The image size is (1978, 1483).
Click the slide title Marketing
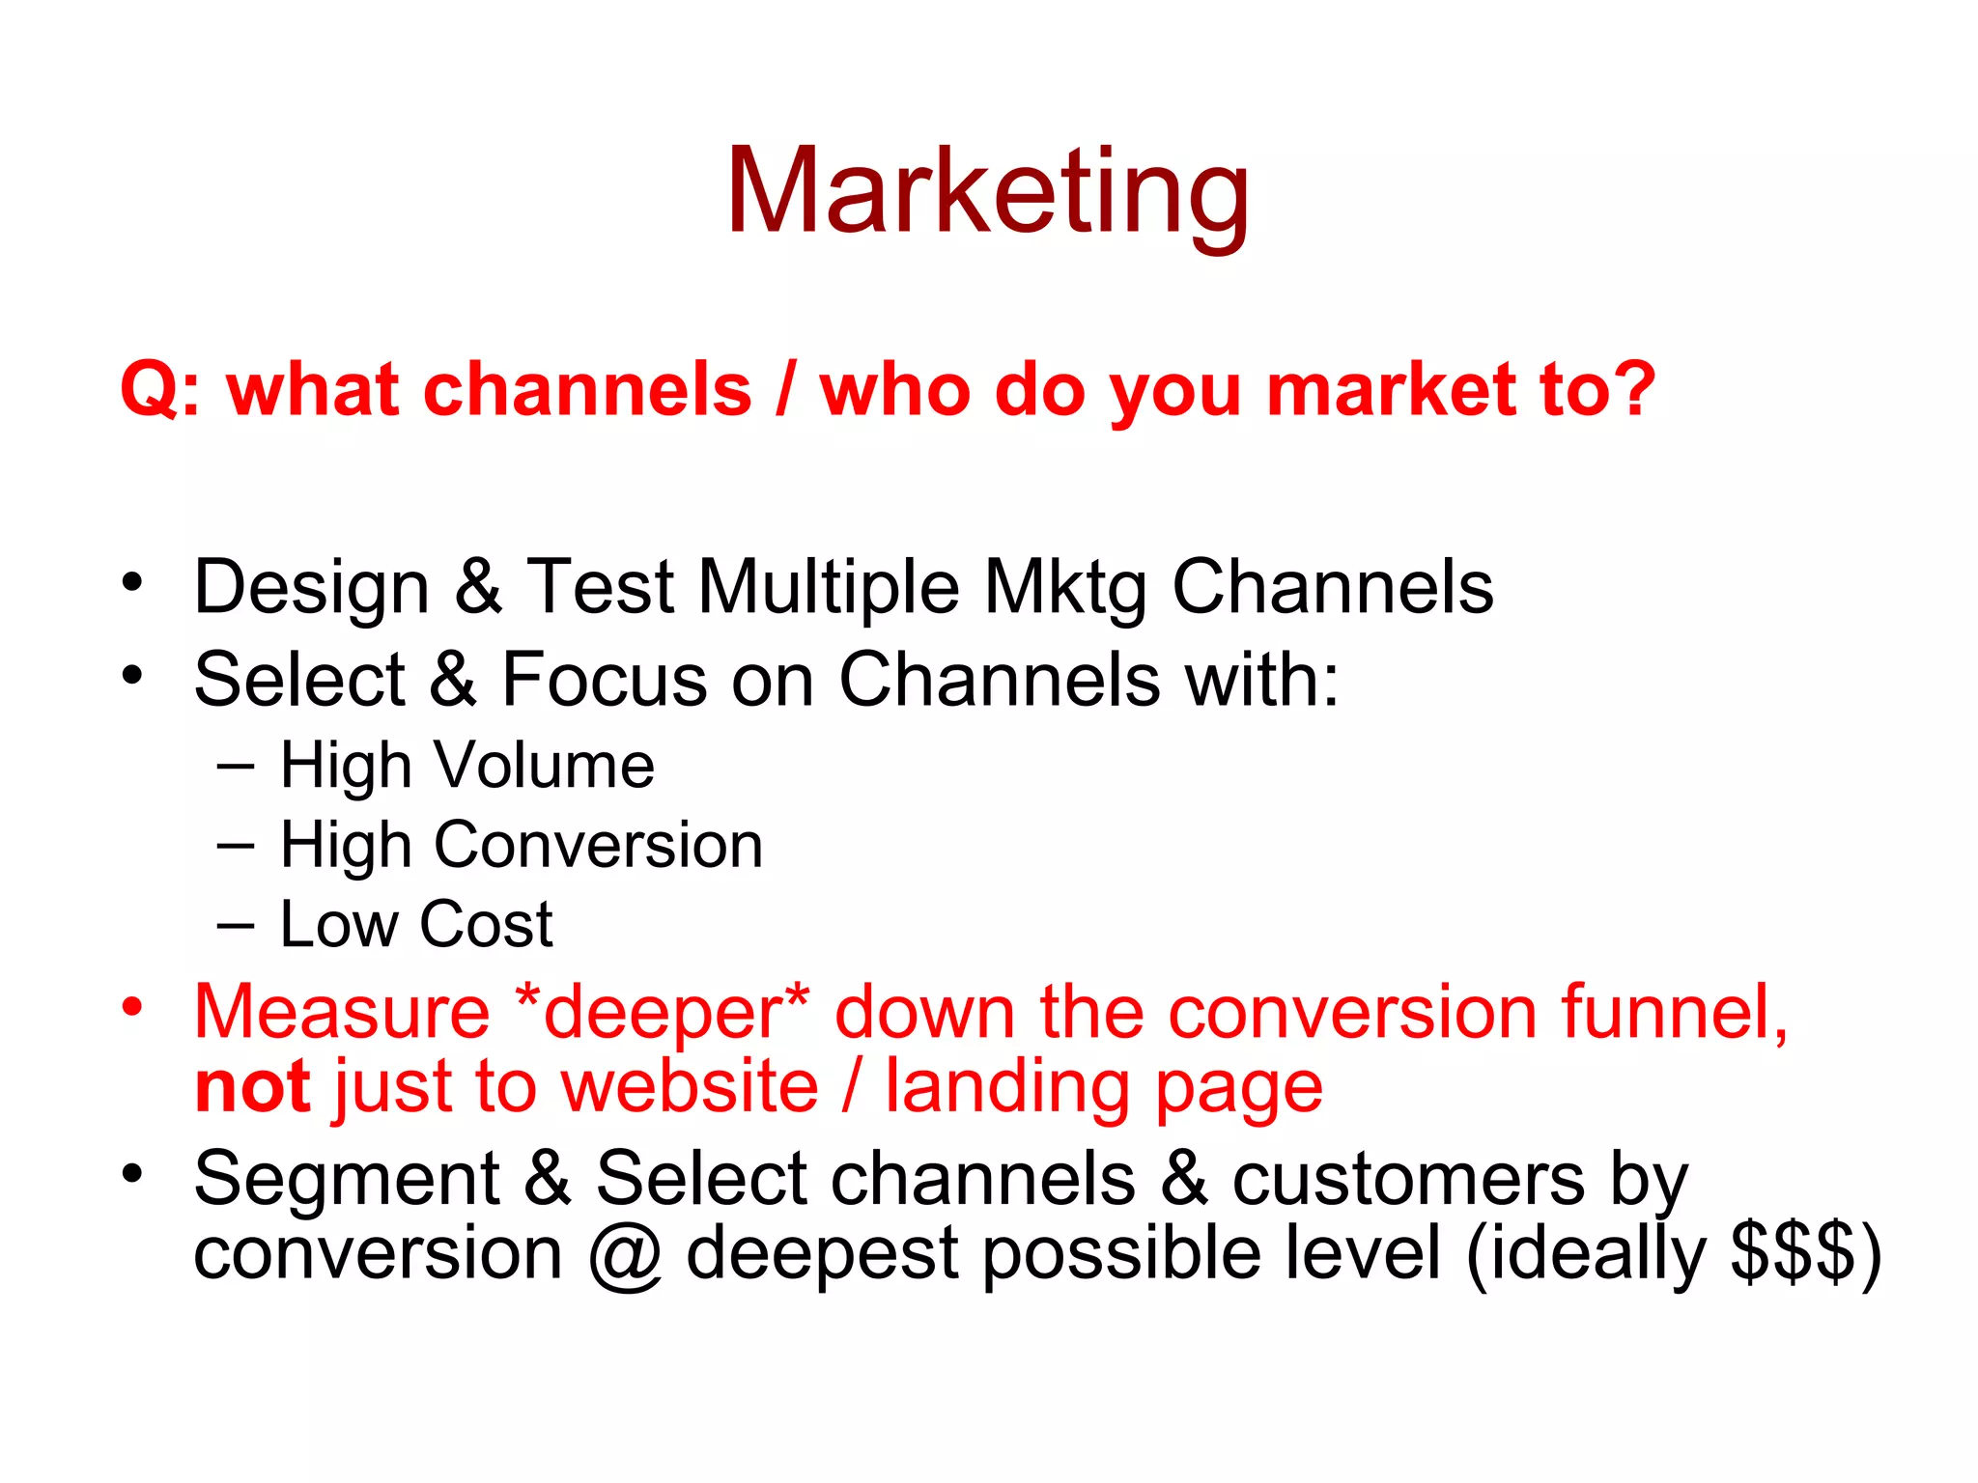point(987,190)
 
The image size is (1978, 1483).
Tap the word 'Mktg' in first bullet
point(1065,587)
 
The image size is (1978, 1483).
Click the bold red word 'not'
point(252,1087)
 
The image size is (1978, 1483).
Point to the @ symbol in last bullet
point(624,1255)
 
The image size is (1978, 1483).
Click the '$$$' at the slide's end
point(1793,1252)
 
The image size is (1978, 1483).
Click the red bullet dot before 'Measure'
point(132,1007)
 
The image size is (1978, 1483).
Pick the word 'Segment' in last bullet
point(346,1180)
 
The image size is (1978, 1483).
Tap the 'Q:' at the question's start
point(160,391)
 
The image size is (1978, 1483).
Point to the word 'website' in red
point(690,1087)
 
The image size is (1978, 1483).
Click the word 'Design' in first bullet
point(311,587)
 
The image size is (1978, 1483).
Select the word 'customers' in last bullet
point(1408,1180)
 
